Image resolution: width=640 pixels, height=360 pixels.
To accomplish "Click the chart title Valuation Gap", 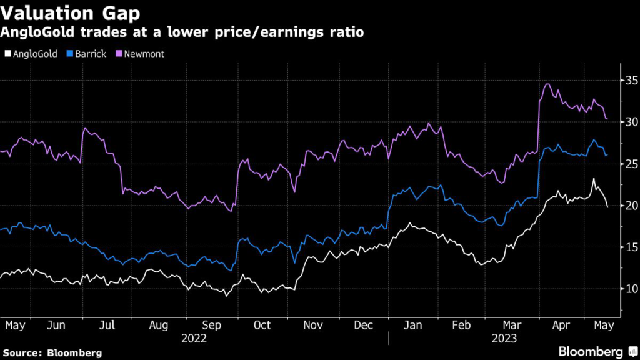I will point(70,14).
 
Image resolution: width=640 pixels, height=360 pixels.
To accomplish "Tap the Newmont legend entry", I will point(142,54).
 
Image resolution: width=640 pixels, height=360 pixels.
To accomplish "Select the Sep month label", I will point(211,326).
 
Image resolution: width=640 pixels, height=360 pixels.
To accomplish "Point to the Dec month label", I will point(364,326).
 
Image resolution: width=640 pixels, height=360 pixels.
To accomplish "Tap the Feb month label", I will point(461,326).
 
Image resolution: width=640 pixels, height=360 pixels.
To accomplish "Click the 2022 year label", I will point(194,338).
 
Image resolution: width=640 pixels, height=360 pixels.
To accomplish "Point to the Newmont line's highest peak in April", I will point(547,84).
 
